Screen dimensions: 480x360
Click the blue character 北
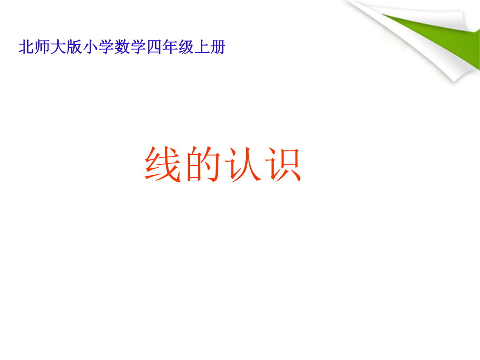pyautogui.click(x=26, y=48)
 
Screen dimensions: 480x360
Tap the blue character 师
pyautogui.click(x=42, y=48)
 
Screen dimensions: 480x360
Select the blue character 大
pyautogui.click(x=58, y=48)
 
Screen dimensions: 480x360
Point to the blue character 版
pyautogui.click(x=74, y=48)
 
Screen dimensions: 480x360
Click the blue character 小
pyautogui.click(x=90, y=48)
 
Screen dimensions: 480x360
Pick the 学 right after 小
pyautogui.click(x=106, y=48)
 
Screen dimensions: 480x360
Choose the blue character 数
pyautogui.click(x=122, y=48)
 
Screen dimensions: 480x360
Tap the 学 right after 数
pyautogui.click(x=138, y=48)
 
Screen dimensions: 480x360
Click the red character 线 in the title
pyautogui.click(x=163, y=164)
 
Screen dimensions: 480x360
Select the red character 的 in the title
pyautogui.click(x=203, y=164)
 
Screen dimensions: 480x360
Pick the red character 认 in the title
pyautogui.click(x=243, y=164)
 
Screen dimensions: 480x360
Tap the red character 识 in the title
pyautogui.click(x=283, y=164)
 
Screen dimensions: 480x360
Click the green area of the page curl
pyautogui.click(x=444, y=37)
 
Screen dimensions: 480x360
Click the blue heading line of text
pyautogui.click(x=122, y=48)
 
